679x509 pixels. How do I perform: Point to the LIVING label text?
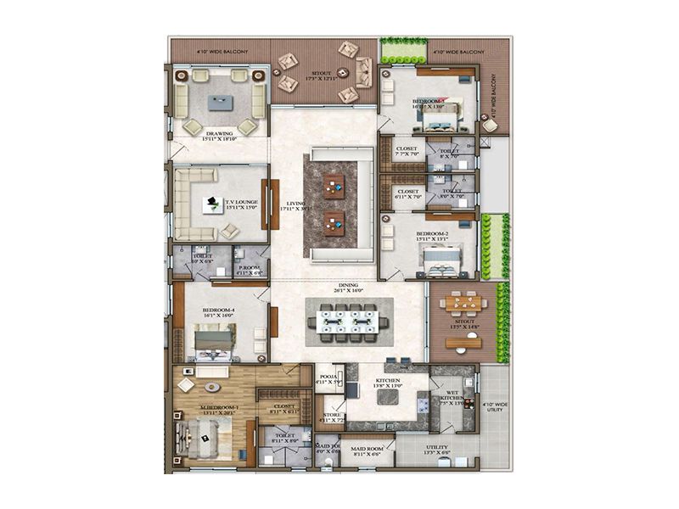tap(295, 204)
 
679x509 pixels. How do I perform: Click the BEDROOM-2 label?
tap(432, 235)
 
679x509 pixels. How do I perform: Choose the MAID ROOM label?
tap(368, 448)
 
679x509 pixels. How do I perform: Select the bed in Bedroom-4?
tap(215, 340)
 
